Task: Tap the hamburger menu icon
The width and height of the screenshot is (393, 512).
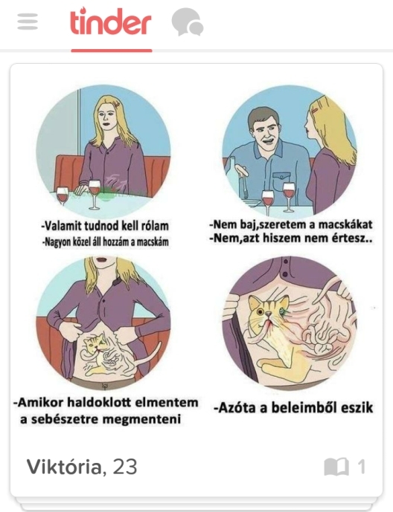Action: [x=28, y=22]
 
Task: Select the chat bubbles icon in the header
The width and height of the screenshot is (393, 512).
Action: [x=187, y=22]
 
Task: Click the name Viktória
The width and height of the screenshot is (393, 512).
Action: [x=63, y=467]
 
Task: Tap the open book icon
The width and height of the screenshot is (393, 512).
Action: [x=336, y=467]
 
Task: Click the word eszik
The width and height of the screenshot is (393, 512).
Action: [x=355, y=408]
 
